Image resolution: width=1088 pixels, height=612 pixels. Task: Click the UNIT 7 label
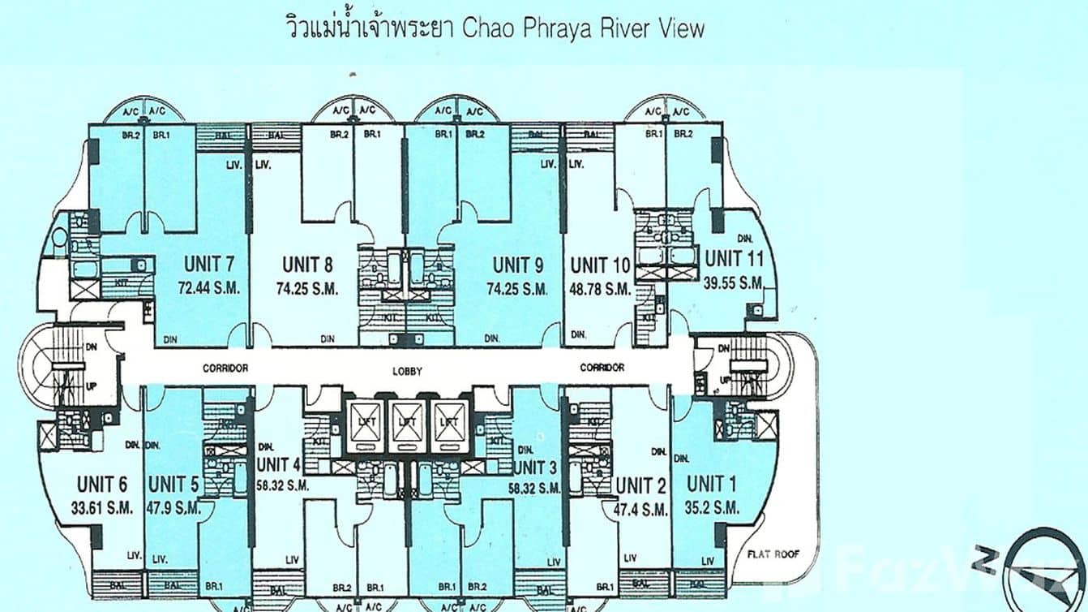209,264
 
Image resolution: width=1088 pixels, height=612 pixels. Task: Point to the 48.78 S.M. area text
600,289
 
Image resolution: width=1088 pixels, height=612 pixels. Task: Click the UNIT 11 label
735,259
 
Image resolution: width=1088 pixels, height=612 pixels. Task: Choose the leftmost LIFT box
366,421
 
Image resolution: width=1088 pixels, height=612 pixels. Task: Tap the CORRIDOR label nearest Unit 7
225,368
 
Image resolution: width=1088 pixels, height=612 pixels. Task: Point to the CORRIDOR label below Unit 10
602,368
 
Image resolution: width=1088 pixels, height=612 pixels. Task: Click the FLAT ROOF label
774,554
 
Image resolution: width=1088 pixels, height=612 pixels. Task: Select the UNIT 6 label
102,485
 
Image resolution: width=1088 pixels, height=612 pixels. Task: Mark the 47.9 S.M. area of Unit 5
174,508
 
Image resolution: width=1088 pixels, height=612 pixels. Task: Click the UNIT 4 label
278,464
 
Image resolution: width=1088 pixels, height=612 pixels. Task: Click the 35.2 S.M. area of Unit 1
712,508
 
